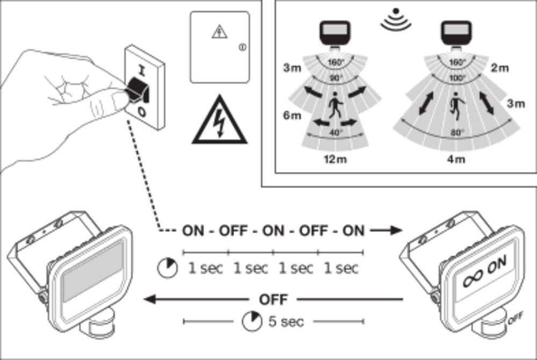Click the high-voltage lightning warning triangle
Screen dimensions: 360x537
pos(219,122)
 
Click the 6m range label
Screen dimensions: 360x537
pos(293,116)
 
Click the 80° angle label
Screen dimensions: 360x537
pos(457,133)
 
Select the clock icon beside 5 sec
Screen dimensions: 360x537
pos(250,321)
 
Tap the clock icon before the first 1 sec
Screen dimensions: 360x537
pos(167,267)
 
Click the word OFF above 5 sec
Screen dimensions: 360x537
pos(273,299)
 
